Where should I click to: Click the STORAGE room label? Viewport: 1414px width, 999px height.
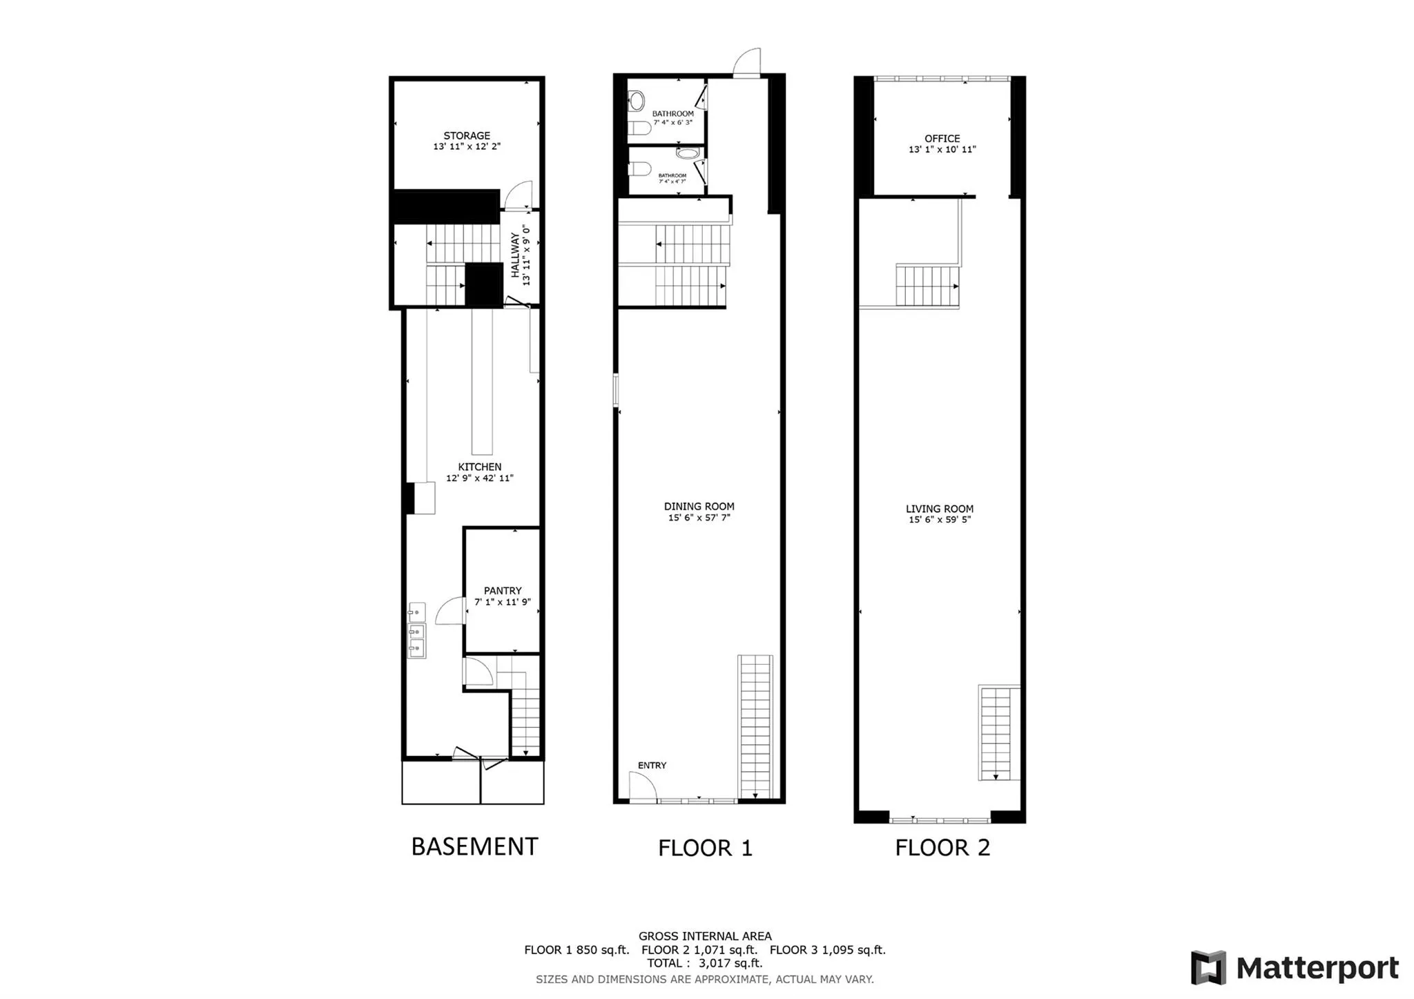pyautogui.click(x=467, y=136)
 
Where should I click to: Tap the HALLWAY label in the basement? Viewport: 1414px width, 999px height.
pyautogui.click(x=515, y=255)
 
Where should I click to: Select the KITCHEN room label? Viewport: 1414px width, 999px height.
pyautogui.click(x=479, y=467)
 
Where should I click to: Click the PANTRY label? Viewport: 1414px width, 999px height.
pyautogui.click(x=503, y=591)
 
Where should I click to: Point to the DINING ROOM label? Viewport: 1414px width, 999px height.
pyautogui.click(x=699, y=507)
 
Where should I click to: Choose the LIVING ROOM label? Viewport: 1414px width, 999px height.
pyautogui.click(x=939, y=510)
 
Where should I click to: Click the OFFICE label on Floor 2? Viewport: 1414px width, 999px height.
pyautogui.click(x=942, y=139)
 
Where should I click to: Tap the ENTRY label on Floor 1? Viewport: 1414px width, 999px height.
pyautogui.click(x=652, y=766)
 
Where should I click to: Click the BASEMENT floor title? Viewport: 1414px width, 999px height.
pyautogui.click(x=474, y=846)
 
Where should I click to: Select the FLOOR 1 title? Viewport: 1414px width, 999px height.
pyautogui.click(x=705, y=848)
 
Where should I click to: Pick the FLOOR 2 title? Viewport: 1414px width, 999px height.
pyautogui.click(x=942, y=848)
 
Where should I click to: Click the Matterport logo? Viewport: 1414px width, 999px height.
pyautogui.click(x=1295, y=968)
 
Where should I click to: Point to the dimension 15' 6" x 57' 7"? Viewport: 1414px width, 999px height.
pyautogui.click(x=699, y=518)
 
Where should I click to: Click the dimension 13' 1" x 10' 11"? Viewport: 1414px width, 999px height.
pyautogui.click(x=942, y=150)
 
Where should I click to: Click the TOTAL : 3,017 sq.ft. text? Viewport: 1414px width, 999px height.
pyautogui.click(x=704, y=963)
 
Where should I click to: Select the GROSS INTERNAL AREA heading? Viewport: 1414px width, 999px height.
pyautogui.click(x=705, y=937)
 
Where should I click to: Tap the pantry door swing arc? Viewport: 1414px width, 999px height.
pyautogui.click(x=450, y=611)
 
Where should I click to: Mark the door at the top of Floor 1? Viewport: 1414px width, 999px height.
pyautogui.click(x=747, y=62)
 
